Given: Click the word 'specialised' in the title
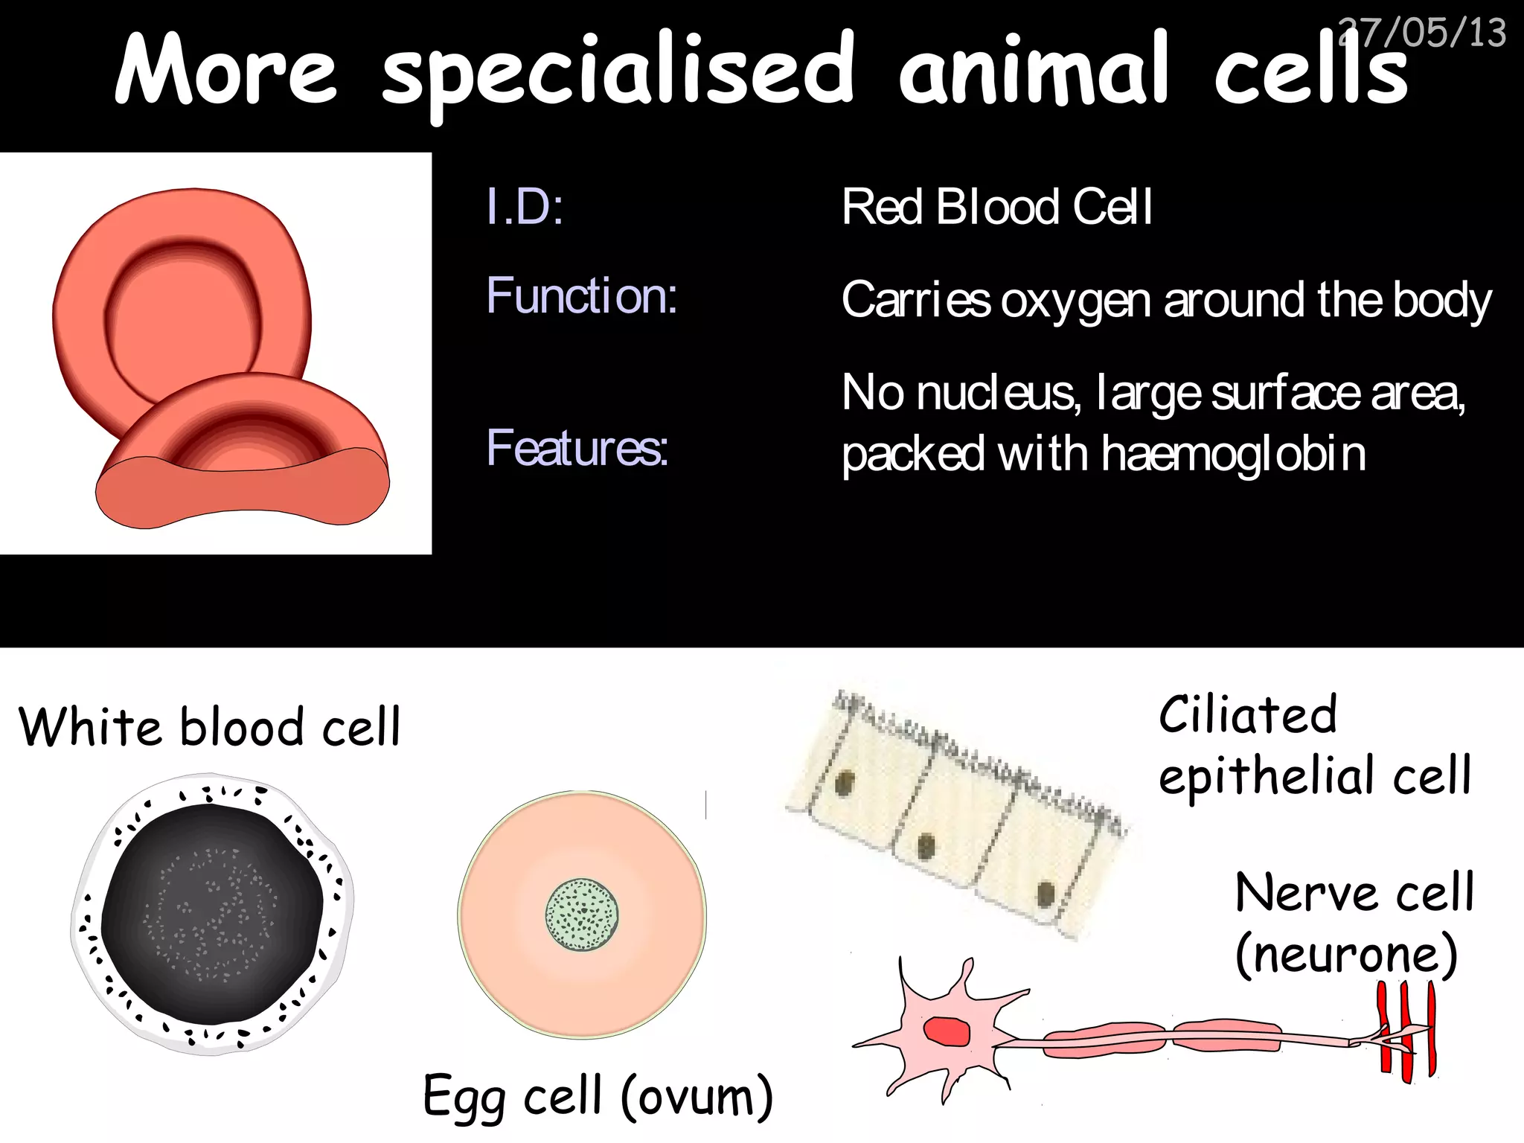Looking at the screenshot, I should [618, 71].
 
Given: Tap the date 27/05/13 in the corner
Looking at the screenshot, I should [1423, 33].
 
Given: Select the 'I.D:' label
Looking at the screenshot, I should [524, 206].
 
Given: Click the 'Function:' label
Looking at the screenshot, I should [581, 295].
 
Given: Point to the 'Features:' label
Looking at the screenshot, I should [577, 448].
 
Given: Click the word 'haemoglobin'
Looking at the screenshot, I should [1233, 454].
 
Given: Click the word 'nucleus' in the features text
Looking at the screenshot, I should [998, 393].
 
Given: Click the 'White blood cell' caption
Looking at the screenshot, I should [209, 727].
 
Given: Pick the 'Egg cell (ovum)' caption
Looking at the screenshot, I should [598, 1096].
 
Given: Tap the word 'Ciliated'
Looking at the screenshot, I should [1248, 715].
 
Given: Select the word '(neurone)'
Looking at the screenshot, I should [1346, 955].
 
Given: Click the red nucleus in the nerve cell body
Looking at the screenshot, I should [947, 1031].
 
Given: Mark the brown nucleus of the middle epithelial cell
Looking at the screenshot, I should [926, 847].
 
